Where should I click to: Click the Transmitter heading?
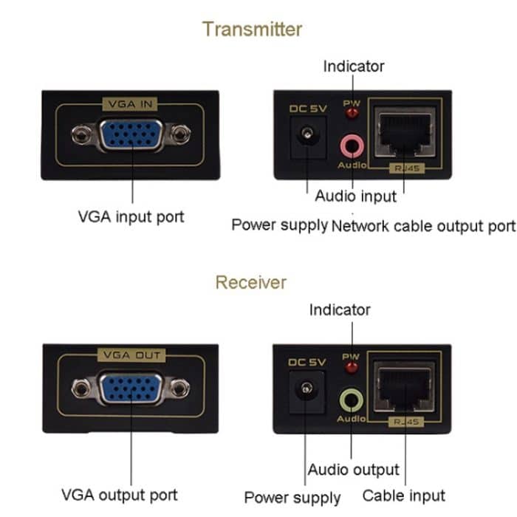[x=252, y=29]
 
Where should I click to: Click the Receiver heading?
[x=251, y=282]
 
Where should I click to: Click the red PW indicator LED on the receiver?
[x=351, y=368]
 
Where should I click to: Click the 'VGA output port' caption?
[x=120, y=494]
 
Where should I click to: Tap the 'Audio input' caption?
[x=355, y=196]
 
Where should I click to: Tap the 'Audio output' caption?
[x=353, y=470]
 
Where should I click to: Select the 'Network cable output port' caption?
[x=423, y=225]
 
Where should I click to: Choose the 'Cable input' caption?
[x=403, y=495]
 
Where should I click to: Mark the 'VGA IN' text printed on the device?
[x=130, y=104]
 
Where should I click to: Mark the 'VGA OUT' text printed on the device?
[x=130, y=355]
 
